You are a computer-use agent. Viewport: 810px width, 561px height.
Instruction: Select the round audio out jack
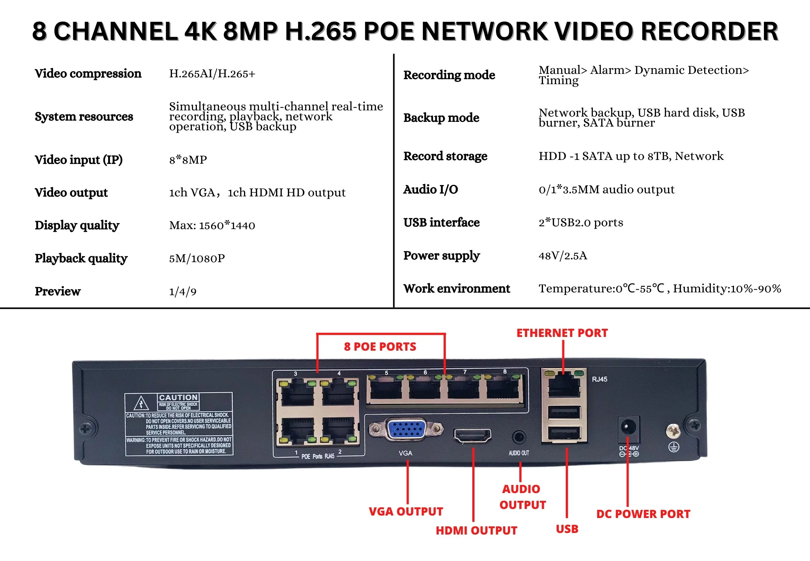point(519,437)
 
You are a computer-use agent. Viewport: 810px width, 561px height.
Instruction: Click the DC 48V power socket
point(628,427)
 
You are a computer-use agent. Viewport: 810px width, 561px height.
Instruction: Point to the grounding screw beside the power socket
point(673,431)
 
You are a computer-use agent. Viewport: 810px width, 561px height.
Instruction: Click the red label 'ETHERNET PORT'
point(562,333)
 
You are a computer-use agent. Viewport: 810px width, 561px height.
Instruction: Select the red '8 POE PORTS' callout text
point(380,347)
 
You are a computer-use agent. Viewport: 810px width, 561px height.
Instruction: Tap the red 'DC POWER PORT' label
point(643,514)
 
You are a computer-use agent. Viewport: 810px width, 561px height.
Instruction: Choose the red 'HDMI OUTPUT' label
point(476,530)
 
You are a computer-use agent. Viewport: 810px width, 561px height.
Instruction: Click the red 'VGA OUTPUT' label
point(406,511)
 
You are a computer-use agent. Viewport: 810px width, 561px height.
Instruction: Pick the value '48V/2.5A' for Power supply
point(563,256)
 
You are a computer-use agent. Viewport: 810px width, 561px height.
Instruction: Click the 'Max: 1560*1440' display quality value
point(212,225)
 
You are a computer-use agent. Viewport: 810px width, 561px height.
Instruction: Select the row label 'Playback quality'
point(81,258)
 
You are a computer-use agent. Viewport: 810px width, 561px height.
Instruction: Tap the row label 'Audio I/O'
point(431,189)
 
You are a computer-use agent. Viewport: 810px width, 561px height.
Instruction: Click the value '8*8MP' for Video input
point(188,160)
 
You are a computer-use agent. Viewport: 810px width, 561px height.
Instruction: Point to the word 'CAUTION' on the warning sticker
point(178,398)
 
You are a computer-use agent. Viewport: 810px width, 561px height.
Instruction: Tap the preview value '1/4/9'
point(183,291)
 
